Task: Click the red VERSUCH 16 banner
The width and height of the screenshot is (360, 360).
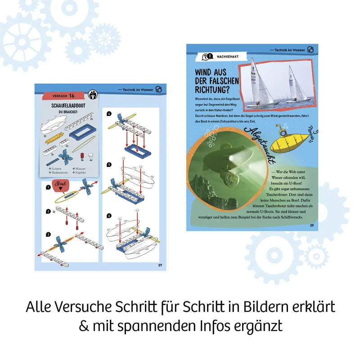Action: click(63, 95)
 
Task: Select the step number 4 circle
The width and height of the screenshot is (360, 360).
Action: click(109, 114)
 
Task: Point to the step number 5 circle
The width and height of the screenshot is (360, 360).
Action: click(109, 164)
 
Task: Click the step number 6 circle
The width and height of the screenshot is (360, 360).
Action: click(109, 216)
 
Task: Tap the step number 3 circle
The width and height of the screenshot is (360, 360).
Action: click(48, 234)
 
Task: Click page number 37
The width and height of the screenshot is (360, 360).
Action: click(160, 265)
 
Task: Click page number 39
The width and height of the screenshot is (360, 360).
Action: click(311, 225)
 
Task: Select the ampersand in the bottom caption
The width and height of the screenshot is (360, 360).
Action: click(84, 326)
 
